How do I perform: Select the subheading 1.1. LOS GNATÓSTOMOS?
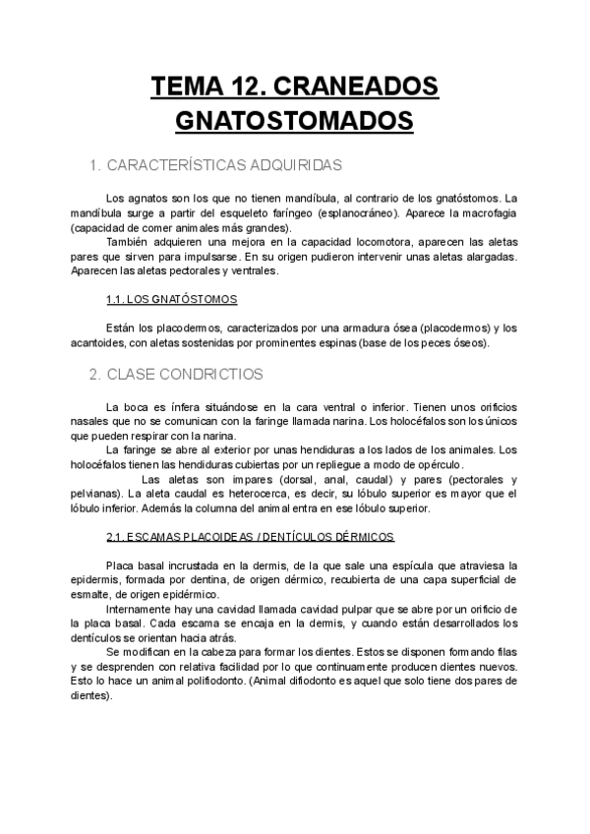tap(171, 299)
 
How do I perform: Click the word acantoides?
tap(98, 342)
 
